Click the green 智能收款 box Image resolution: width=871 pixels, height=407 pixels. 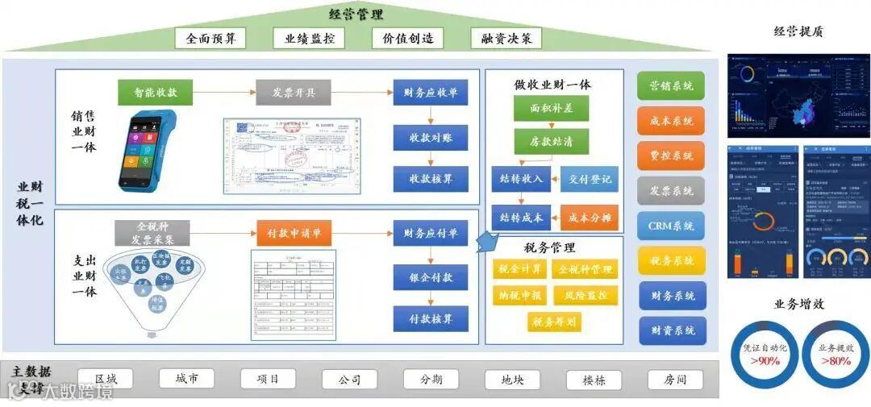point(156,92)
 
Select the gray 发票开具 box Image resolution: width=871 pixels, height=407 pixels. point(294,92)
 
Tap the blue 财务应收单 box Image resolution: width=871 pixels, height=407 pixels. point(431,92)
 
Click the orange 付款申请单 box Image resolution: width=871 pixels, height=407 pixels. point(294,234)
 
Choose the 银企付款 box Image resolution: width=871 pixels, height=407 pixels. point(431,276)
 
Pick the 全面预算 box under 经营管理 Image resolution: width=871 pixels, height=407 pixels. point(210,38)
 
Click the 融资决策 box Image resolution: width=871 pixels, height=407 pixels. point(506,38)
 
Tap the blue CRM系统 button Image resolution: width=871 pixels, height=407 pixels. point(671,226)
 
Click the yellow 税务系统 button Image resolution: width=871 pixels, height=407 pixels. point(671,260)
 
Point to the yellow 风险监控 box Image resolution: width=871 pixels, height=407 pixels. point(586,295)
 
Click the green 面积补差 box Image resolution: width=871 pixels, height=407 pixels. point(551,108)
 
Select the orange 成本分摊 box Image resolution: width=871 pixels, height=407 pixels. point(590,218)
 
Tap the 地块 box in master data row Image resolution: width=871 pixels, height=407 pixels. point(512,379)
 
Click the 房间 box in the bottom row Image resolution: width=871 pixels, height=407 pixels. point(675,379)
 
